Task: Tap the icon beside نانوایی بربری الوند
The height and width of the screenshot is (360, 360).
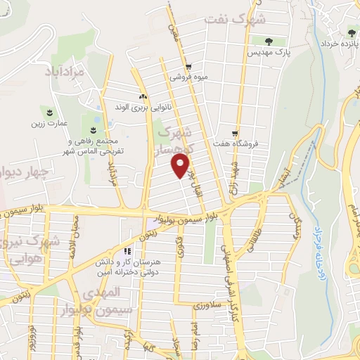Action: pos(143,96)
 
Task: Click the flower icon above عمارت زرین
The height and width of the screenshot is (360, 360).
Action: pos(50,112)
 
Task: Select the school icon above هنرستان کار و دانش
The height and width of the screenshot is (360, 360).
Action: pos(127,250)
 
